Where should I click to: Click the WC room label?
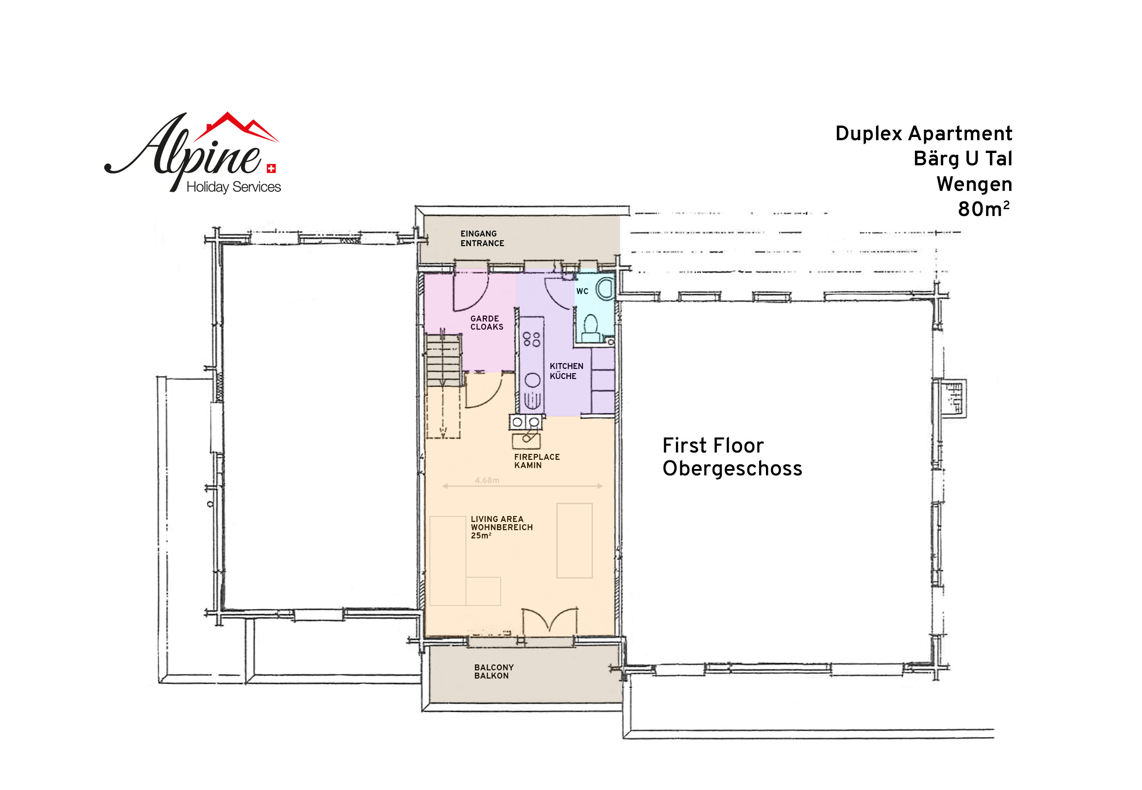point(582,291)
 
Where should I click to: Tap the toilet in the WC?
point(590,329)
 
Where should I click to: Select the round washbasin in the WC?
point(605,289)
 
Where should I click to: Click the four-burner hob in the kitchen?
point(531,339)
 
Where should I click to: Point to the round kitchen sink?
point(532,380)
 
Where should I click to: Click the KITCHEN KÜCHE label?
point(566,371)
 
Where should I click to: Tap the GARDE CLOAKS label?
point(486,323)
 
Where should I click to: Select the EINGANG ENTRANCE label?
point(482,238)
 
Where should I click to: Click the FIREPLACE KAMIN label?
point(537,461)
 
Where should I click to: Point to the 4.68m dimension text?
point(487,480)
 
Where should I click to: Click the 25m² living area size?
point(481,536)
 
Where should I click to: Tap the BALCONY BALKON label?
point(493,671)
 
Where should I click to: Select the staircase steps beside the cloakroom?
point(444,359)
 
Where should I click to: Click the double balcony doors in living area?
point(550,621)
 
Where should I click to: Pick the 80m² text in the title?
point(983,209)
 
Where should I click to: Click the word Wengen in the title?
point(974,184)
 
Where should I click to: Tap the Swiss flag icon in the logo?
point(271,169)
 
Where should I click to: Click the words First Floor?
point(713,446)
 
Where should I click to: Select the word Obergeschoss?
point(732,468)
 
